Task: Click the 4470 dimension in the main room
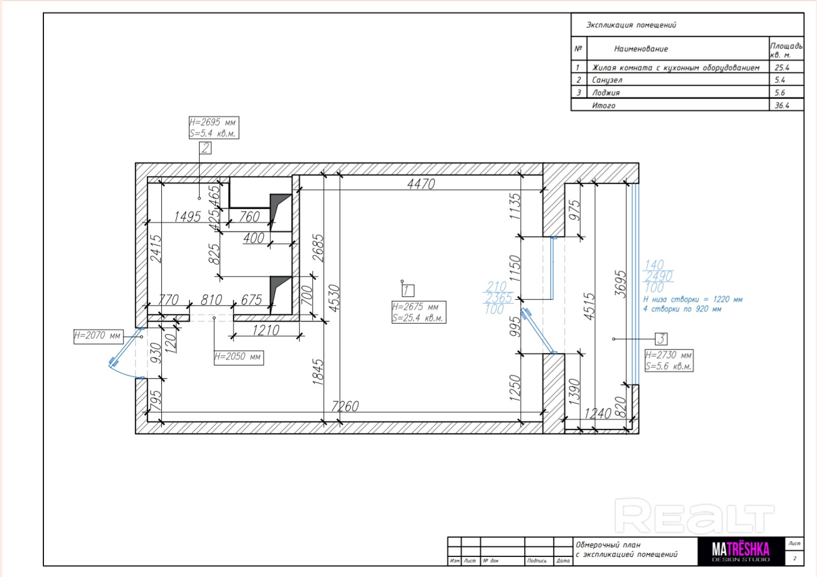[x=421, y=184]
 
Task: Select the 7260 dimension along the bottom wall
[x=345, y=406]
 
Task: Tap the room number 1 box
[x=408, y=290]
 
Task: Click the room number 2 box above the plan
[x=205, y=148]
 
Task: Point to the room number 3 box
[x=661, y=339]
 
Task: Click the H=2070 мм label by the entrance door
[x=98, y=336]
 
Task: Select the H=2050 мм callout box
[x=238, y=357]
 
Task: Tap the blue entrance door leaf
[x=125, y=347]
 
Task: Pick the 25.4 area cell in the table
[x=782, y=67]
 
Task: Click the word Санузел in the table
[x=607, y=80]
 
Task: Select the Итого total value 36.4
[x=782, y=106]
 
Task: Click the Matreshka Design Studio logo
[x=741, y=551]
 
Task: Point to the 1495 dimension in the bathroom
[x=187, y=216]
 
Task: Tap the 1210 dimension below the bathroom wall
[x=266, y=330]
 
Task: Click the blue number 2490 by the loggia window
[x=659, y=276]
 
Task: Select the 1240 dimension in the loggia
[x=597, y=413]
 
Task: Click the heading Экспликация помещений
[x=631, y=25]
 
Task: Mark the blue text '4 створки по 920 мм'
[x=682, y=309]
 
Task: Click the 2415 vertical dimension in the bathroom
[x=156, y=249]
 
